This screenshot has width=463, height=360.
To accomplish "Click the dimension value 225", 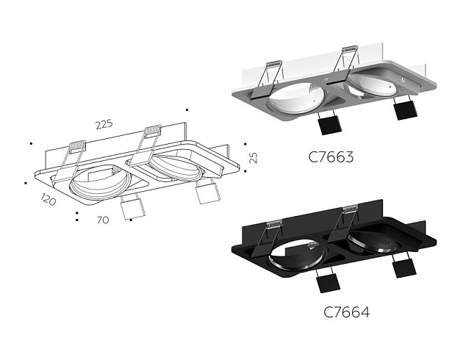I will (104, 124).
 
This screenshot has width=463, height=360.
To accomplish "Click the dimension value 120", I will (49, 200).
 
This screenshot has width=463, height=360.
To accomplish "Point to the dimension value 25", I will (253, 158).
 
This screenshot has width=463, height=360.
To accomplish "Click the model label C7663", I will (332, 156).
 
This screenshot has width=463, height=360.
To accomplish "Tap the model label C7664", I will (346, 312).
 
